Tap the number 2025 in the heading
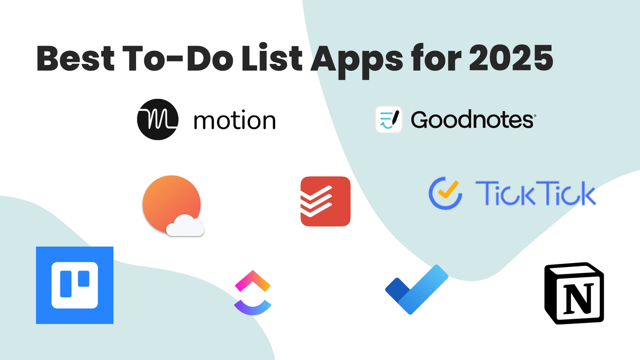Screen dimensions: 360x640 pyautogui.click(x=511, y=58)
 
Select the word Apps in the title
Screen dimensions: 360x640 pyautogui.click(x=357, y=60)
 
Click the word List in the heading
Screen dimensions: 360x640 pyautogui.click(x=272, y=58)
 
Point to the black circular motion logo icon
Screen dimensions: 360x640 pyautogui.click(x=157, y=119)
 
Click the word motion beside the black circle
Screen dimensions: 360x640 pyautogui.click(x=234, y=121)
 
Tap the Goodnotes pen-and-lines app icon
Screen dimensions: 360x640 pyautogui.click(x=389, y=119)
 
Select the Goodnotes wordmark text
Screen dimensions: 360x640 pyautogui.click(x=473, y=120)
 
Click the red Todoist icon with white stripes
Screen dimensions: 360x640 pyautogui.click(x=326, y=201)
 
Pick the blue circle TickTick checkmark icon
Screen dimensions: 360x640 pyautogui.click(x=445, y=193)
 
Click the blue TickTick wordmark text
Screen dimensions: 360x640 pyautogui.click(x=535, y=194)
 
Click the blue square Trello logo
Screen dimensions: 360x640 pyautogui.click(x=75, y=285)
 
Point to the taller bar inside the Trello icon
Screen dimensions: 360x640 pyautogui.click(x=66, y=283)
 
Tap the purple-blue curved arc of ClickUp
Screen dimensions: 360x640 pyautogui.click(x=253, y=308)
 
